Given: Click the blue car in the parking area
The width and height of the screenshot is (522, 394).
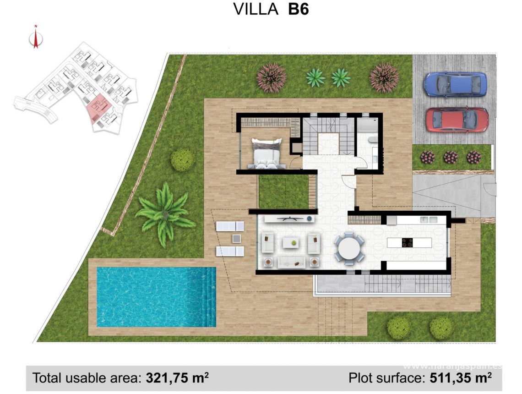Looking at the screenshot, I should (455, 85).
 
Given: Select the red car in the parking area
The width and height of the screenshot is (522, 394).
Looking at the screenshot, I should (457, 120).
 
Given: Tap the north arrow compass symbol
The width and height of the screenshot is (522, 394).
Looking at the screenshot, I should (35, 38).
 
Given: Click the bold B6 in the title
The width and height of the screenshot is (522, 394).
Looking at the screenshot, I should (298, 9).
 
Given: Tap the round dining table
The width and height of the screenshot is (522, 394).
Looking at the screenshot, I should (349, 248).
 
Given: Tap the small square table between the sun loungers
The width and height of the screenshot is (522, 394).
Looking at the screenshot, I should (236, 238).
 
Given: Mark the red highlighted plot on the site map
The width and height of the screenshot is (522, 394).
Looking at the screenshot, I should (98, 109).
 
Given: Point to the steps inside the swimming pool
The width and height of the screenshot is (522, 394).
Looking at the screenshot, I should (211, 297).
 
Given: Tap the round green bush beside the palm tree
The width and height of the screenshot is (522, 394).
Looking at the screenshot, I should (182, 159).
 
